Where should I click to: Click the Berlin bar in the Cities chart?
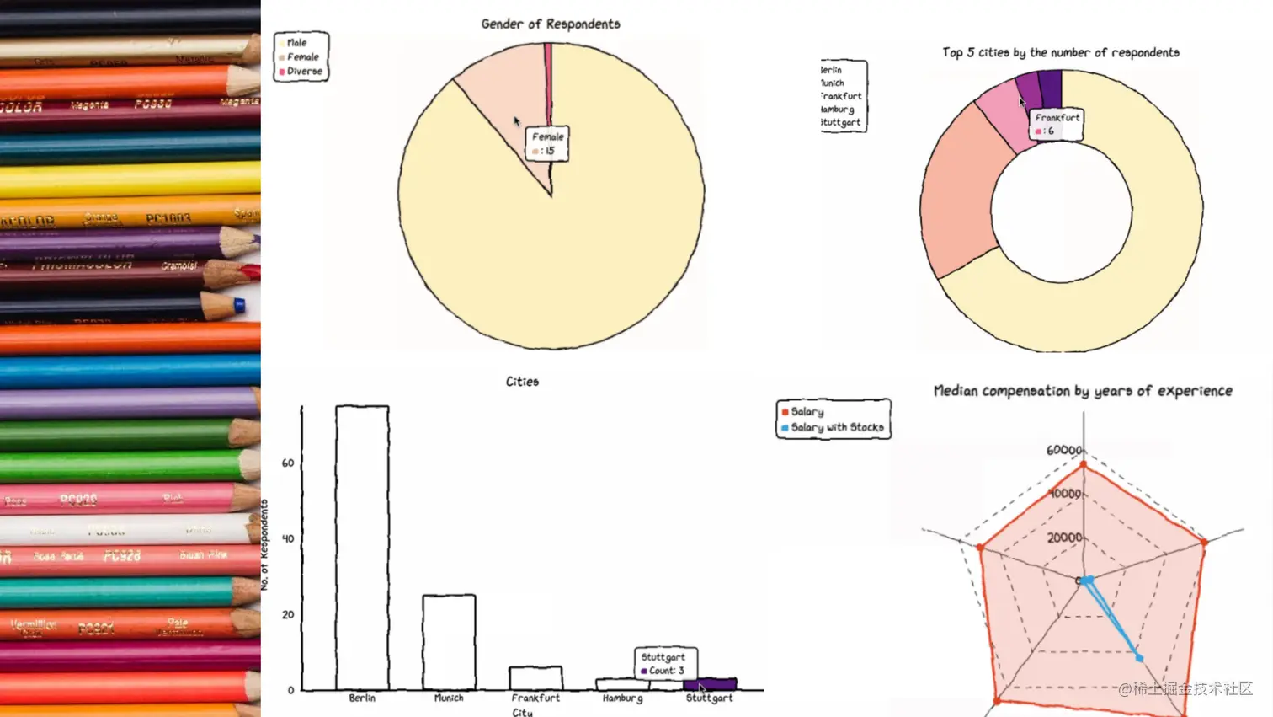click(x=362, y=548)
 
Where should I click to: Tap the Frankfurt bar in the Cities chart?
click(x=535, y=678)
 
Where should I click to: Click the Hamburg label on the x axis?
click(x=622, y=698)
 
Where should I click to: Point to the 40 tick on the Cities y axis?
click(x=288, y=538)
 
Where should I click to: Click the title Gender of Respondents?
click(x=551, y=24)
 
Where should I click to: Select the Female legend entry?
click(x=302, y=57)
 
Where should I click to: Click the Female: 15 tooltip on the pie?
click(x=547, y=143)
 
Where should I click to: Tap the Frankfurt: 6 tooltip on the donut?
click(x=1057, y=124)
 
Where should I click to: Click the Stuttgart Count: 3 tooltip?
click(x=664, y=663)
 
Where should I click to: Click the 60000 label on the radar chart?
click(x=1063, y=450)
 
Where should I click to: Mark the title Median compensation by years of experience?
click(x=1083, y=391)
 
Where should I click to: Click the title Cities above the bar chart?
click(x=522, y=382)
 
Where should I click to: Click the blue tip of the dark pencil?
click(x=240, y=305)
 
